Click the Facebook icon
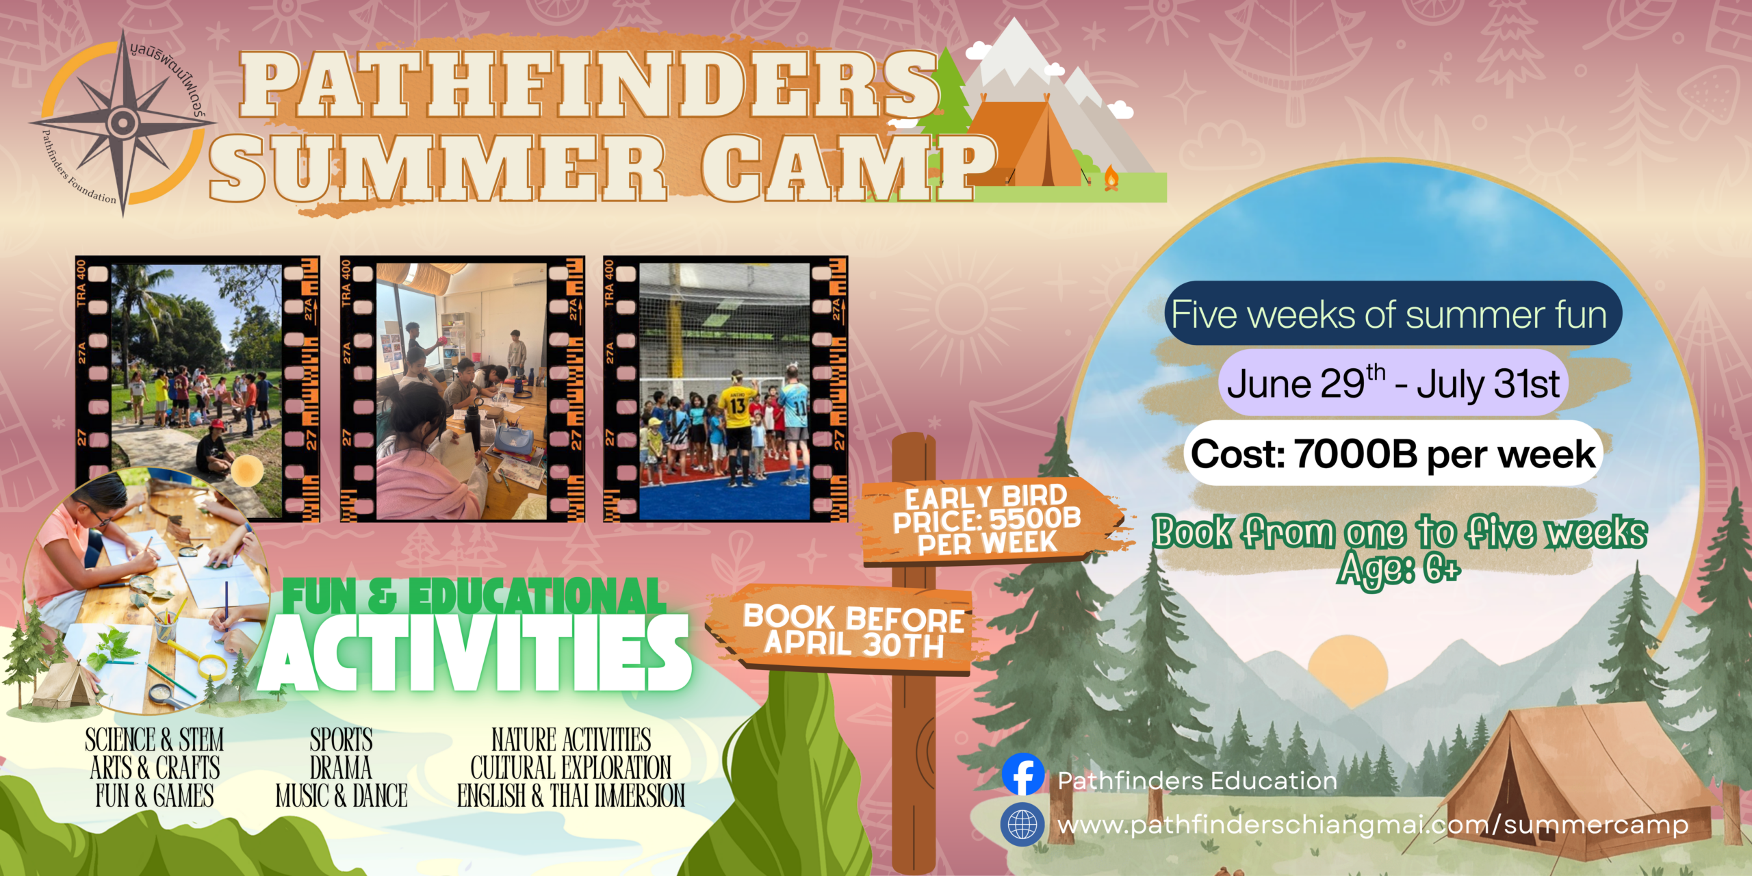[x=1023, y=774]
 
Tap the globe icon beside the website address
[x=1022, y=825]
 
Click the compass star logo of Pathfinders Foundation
[x=123, y=123]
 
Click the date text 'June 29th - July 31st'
[x=1393, y=383]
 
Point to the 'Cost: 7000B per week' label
[x=1393, y=454]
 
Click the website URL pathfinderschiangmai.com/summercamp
[x=1373, y=825]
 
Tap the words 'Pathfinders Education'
[x=1197, y=781]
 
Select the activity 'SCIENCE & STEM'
[x=155, y=740]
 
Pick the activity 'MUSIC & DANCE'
[x=342, y=796]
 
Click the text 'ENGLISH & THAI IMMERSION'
[x=571, y=796]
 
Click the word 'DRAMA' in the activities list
[x=341, y=768]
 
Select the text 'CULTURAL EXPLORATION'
[x=571, y=768]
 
